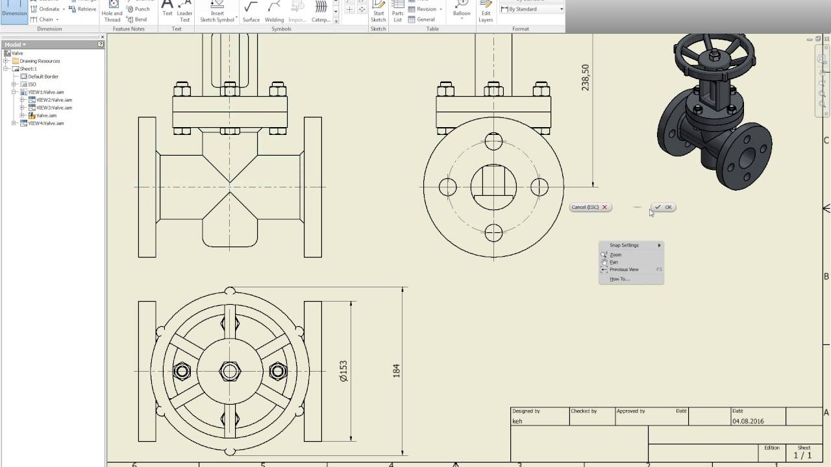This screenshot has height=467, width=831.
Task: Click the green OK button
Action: [664, 207]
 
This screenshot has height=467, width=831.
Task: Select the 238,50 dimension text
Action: [586, 77]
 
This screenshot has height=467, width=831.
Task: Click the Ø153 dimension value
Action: [343, 371]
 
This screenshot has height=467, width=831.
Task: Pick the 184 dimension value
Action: [396, 371]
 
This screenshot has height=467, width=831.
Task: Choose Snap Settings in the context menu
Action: [625, 245]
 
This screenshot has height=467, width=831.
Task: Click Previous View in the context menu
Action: [624, 269]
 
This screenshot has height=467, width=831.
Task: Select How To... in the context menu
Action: [619, 279]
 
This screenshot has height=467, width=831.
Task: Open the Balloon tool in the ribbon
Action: [462, 11]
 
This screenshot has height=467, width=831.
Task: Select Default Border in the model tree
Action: [43, 77]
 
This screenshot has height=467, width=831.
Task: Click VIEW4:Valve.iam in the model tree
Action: [46, 123]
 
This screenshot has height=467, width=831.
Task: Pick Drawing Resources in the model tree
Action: [40, 61]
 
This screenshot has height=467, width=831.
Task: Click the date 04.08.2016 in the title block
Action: [748, 421]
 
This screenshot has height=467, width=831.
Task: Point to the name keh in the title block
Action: [517, 421]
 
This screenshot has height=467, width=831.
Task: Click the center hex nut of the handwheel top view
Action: [230, 371]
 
